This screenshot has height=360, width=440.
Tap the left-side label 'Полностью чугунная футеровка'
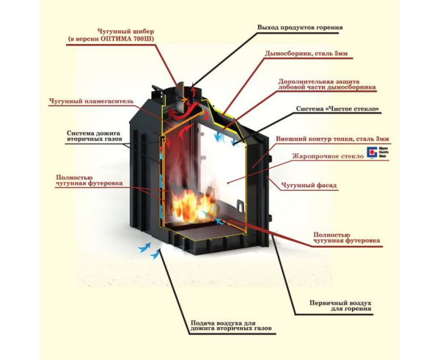tap(84, 180)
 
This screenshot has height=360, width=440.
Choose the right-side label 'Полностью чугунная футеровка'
tap(346, 237)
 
